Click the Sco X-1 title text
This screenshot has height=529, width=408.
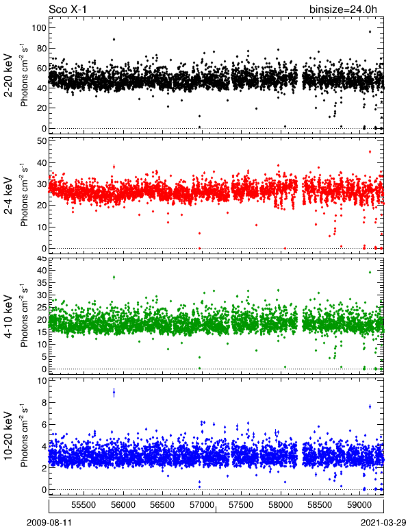click(x=68, y=9)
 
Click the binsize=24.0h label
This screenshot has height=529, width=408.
click(x=343, y=9)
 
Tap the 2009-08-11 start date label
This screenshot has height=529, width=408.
click(x=49, y=522)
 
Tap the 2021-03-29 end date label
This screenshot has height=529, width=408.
click(x=383, y=522)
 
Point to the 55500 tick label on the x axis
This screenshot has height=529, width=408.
click(x=84, y=505)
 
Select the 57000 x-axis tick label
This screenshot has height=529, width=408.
click(x=202, y=505)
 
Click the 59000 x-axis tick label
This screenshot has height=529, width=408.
click(x=359, y=505)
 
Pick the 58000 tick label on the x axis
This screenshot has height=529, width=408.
click(x=281, y=505)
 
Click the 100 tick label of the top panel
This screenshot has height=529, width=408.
click(x=39, y=27)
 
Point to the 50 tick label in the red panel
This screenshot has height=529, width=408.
click(x=41, y=141)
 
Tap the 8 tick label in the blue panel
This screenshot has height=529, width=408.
click(x=43, y=402)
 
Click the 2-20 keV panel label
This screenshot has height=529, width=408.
click(x=8, y=75)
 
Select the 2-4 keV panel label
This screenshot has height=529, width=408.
click(x=8, y=196)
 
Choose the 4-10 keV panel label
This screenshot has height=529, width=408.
click(x=8, y=317)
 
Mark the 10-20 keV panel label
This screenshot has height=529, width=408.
click(x=8, y=436)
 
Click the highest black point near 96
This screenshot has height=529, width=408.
click(x=370, y=32)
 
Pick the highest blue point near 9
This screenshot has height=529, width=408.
click(x=114, y=393)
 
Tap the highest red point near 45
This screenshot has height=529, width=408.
click(x=370, y=152)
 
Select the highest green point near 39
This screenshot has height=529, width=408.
click(x=370, y=272)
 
